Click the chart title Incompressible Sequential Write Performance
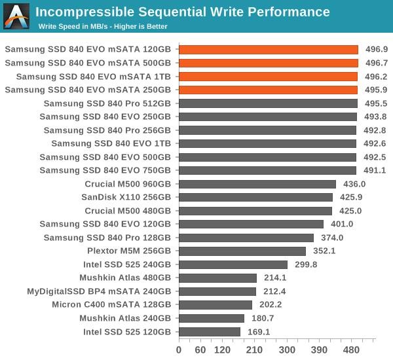[182, 12]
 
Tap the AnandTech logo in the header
[16, 16]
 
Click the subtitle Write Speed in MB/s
[103, 26]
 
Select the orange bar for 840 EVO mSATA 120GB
[269, 49]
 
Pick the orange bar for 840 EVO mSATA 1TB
[268, 76]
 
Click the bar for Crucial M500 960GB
[257, 184]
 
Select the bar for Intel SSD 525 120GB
[210, 332]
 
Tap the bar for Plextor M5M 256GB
[242, 251]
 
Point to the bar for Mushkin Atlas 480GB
[217, 278]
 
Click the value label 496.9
[376, 49]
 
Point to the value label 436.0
[354, 184]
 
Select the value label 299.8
[305, 264]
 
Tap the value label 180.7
[262, 319]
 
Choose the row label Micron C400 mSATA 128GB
[111, 305]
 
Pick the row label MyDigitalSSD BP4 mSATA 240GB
[99, 291]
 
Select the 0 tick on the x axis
[179, 350]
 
